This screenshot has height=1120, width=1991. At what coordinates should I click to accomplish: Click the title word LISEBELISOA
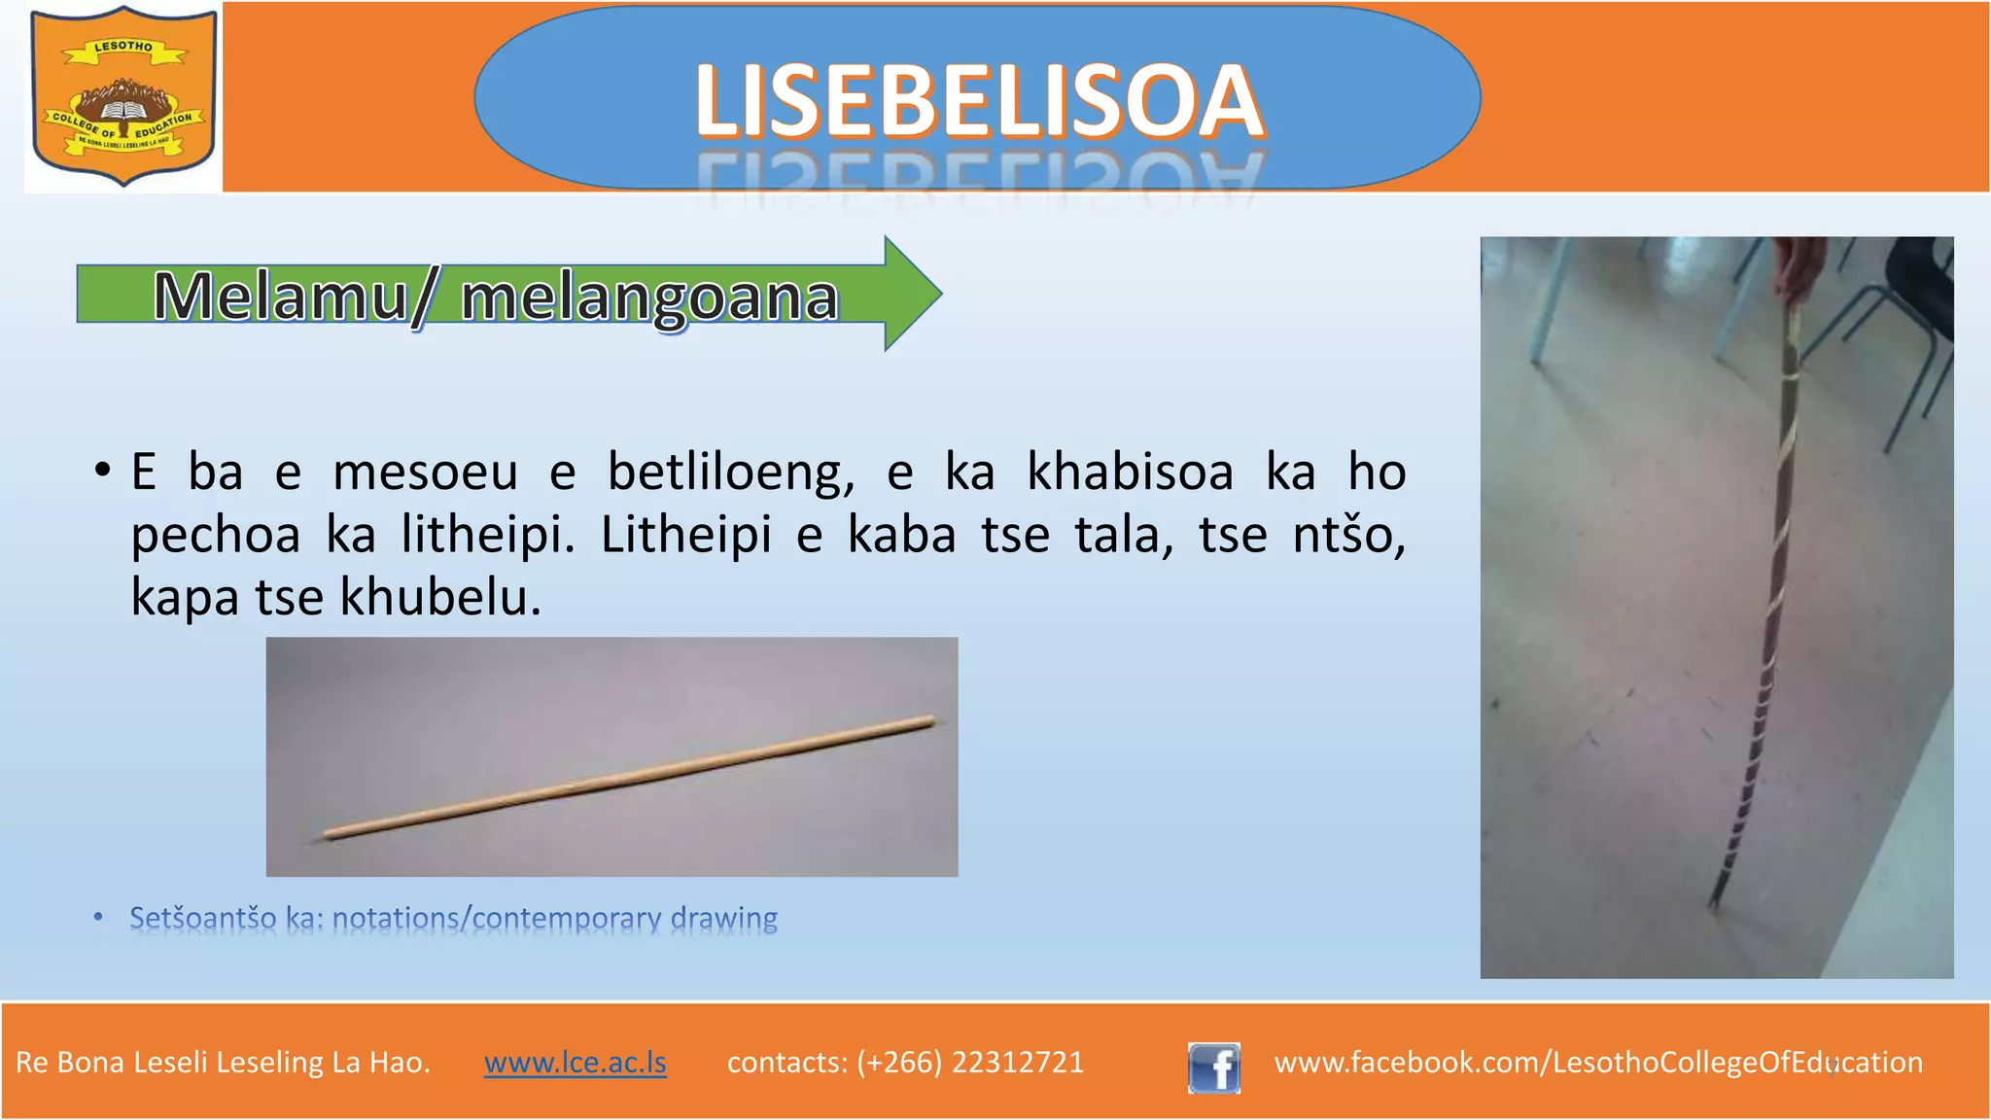[978, 101]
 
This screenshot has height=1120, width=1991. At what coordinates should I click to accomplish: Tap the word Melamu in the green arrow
[280, 297]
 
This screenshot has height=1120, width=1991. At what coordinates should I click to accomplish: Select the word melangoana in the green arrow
[648, 297]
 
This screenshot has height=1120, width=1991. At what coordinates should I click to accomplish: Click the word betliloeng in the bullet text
[730, 472]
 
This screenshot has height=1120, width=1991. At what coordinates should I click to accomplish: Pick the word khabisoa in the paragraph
[1130, 472]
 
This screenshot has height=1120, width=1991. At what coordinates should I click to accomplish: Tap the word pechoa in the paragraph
[215, 535]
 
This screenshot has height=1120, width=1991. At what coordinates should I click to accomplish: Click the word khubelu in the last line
[439, 597]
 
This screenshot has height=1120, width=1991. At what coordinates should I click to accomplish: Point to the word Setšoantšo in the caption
[202, 918]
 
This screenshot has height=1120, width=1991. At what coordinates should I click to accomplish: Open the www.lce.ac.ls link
[575, 1062]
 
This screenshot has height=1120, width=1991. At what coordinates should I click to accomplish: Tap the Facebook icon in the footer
[1213, 1067]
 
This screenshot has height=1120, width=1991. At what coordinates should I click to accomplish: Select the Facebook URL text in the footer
[1597, 1062]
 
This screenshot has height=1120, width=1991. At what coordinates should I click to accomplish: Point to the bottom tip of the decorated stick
[1716, 904]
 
